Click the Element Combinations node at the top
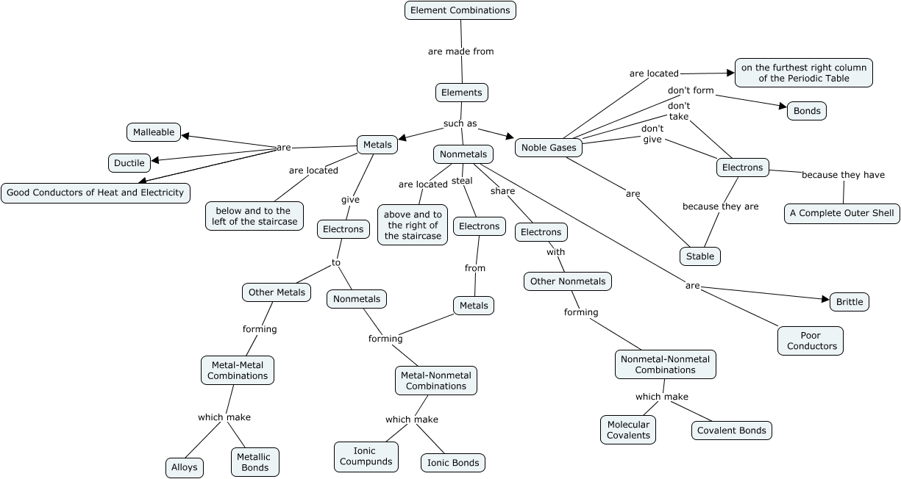pos(460,10)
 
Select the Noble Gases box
pos(549,148)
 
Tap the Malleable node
pos(154,132)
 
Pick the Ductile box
pos(129,162)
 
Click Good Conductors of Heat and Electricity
pos(96,193)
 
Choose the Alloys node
pos(184,467)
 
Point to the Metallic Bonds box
pos(254,462)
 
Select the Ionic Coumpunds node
pos(366,456)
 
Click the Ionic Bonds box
pos(453,463)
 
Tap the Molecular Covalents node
pos(628,430)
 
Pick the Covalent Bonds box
pos(732,431)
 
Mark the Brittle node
pos(850,302)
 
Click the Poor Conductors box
pos(811,341)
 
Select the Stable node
pos(700,256)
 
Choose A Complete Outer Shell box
pos(842,214)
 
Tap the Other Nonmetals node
pos(568,281)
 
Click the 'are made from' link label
pos(461,51)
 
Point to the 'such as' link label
pos(460,123)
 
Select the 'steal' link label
pos(462,181)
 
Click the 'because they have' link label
pos(843,175)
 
